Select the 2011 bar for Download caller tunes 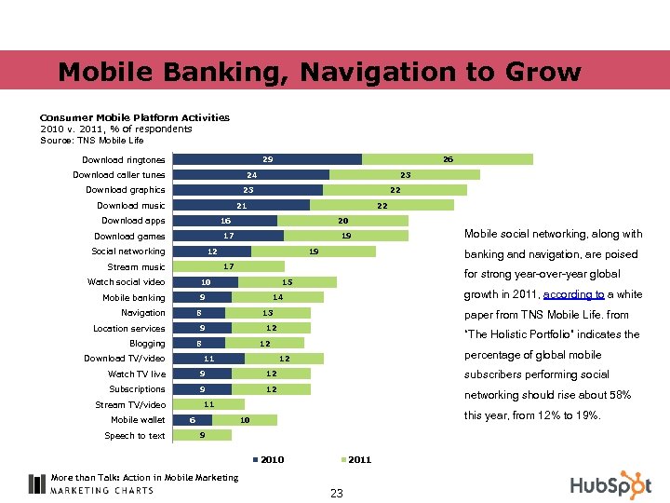405,175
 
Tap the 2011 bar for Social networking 314,251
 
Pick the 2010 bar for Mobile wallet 191,420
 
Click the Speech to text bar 191,435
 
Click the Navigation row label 142,313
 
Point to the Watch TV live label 137,374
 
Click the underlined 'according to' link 574,294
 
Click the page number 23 336,494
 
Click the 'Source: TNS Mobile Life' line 92,141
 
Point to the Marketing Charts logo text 101,490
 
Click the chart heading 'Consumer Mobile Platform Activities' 134,117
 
